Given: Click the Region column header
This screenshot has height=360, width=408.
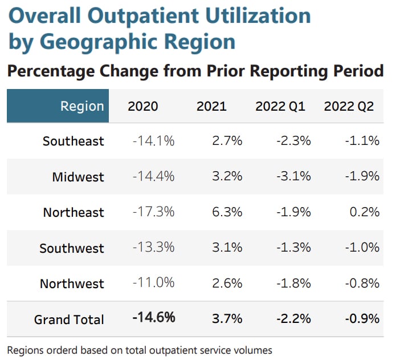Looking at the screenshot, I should (x=82, y=106).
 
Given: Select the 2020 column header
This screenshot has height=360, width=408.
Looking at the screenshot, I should (x=143, y=106).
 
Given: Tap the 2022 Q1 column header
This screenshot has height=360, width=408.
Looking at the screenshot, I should (x=280, y=106).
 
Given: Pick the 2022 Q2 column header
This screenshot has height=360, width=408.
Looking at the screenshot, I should (x=348, y=106).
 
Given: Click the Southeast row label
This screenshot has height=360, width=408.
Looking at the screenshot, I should (x=74, y=141).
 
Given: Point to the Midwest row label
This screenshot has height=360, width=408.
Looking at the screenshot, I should (x=78, y=177).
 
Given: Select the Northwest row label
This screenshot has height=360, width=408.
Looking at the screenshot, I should (x=72, y=284).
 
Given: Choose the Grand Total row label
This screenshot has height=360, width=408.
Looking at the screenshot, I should (x=69, y=319).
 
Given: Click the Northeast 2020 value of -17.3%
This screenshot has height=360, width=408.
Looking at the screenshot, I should (x=153, y=212).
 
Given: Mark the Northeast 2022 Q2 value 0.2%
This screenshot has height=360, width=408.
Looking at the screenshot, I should (x=365, y=212).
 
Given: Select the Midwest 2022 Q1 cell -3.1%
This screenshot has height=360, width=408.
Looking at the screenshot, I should (x=293, y=176).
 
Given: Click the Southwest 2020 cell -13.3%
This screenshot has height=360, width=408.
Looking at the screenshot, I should (x=153, y=248).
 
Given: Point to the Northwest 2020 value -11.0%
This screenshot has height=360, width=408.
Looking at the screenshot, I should (x=153, y=284).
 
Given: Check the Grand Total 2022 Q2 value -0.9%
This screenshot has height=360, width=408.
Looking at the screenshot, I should (x=362, y=318).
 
